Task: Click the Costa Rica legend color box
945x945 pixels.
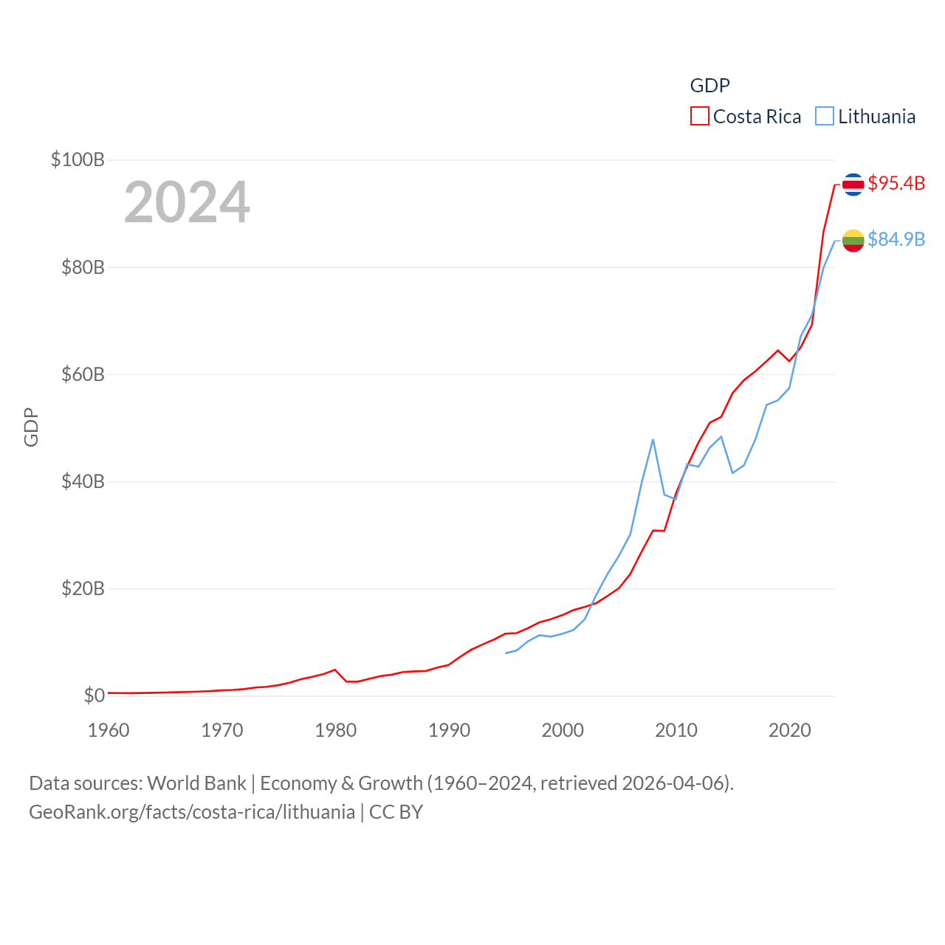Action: pyautogui.click(x=699, y=117)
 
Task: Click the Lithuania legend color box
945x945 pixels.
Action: pyautogui.click(x=825, y=117)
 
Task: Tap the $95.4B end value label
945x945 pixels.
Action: pyautogui.click(x=896, y=183)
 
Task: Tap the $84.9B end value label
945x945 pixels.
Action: pyautogui.click(x=896, y=239)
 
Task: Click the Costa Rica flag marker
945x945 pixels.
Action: pyautogui.click(x=853, y=184)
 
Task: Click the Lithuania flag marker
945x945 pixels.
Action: pyautogui.click(x=853, y=240)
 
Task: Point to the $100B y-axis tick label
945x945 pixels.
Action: pyautogui.click(x=78, y=159)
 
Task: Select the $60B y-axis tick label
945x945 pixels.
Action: pyautogui.click(x=83, y=374)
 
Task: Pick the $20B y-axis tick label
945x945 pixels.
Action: pyautogui.click(x=83, y=588)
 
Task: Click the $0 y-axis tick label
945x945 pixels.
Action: pyautogui.click(x=94, y=695)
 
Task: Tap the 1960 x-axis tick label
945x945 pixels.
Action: pyautogui.click(x=109, y=730)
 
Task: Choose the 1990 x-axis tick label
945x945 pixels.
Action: pyautogui.click(x=449, y=730)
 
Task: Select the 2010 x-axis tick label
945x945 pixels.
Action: pyautogui.click(x=676, y=730)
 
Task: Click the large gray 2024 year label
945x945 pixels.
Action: pyautogui.click(x=187, y=202)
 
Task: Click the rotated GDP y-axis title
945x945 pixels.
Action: pyautogui.click(x=31, y=427)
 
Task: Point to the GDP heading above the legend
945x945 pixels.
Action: pyautogui.click(x=709, y=86)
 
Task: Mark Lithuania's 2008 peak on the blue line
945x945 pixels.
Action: pyautogui.click(x=653, y=440)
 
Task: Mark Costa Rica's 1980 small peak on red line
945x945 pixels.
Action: pyautogui.click(x=335, y=670)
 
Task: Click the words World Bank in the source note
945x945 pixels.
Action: pyautogui.click(x=196, y=783)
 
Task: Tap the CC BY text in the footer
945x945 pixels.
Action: pyautogui.click(x=396, y=812)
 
